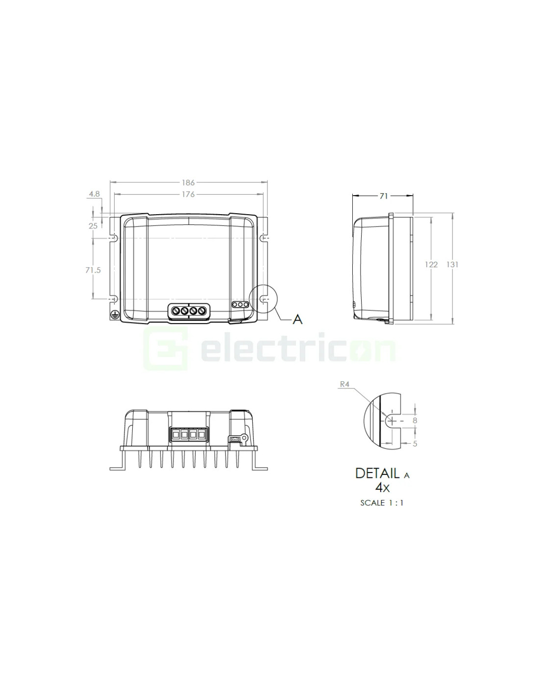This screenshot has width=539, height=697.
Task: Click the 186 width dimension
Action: tap(188, 182)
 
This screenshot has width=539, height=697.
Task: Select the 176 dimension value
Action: tap(188, 195)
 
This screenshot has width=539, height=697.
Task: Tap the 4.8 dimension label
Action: tap(94, 194)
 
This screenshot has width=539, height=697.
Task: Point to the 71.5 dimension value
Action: tap(93, 270)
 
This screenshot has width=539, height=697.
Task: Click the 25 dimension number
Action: tap(93, 226)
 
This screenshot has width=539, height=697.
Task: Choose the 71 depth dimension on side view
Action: tap(384, 196)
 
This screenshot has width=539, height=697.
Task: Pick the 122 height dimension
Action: tap(431, 265)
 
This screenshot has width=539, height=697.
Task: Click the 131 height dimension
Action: tap(452, 265)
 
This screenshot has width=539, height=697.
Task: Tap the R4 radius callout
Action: tap(344, 384)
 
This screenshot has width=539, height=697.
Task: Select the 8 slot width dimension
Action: tap(415, 421)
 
